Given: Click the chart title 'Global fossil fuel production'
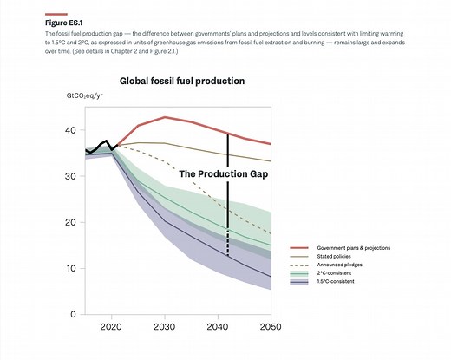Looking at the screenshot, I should click(181, 81).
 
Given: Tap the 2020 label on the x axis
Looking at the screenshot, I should click(110, 328).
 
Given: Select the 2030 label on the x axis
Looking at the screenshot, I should click(165, 328).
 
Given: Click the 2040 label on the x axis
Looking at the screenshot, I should click(219, 328).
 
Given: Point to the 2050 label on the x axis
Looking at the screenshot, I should click(271, 328).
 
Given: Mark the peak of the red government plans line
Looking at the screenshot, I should click(165, 116).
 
